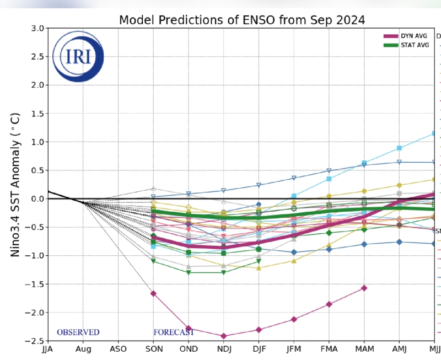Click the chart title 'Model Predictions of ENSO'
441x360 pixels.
242,20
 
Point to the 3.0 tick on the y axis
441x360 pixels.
37,28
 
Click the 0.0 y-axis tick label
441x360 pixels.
37,199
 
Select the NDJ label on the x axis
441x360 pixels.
223,350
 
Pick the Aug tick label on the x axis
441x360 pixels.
83,350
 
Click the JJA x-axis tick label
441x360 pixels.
49,350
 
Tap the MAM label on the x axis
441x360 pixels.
364,350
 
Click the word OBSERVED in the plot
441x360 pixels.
78,332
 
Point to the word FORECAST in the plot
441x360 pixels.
174,332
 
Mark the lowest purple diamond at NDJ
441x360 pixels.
223,336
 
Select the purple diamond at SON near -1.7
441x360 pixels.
153,293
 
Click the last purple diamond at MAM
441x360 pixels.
364,288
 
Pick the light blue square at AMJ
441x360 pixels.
399,148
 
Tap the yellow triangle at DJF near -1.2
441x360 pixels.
259,268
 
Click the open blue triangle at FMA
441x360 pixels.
329,170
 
